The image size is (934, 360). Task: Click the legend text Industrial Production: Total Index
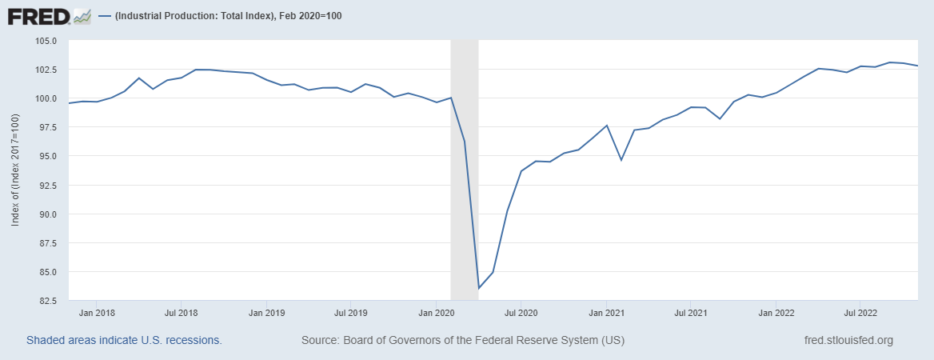click(x=229, y=16)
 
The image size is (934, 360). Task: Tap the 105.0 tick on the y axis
click(x=46, y=41)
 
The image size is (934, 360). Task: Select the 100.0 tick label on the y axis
click(x=46, y=98)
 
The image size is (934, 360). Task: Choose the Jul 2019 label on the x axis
click(x=351, y=313)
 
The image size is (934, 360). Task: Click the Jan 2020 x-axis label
click(x=437, y=313)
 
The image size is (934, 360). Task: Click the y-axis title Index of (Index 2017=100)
click(x=14, y=170)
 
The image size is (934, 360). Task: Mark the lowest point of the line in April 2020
click(x=479, y=288)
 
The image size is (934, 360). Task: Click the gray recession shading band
click(x=465, y=200)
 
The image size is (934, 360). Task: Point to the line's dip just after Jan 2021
click(x=621, y=160)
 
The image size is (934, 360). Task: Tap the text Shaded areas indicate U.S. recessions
click(x=124, y=340)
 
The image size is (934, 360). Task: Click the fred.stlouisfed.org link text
click(x=848, y=340)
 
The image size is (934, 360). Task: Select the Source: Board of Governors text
click(x=462, y=340)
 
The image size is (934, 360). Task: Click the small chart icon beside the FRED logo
click(x=82, y=15)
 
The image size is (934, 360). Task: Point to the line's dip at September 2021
click(x=720, y=118)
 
